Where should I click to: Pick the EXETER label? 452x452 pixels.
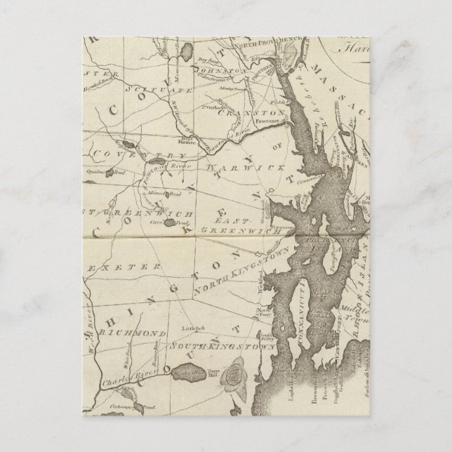coord(128,267)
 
